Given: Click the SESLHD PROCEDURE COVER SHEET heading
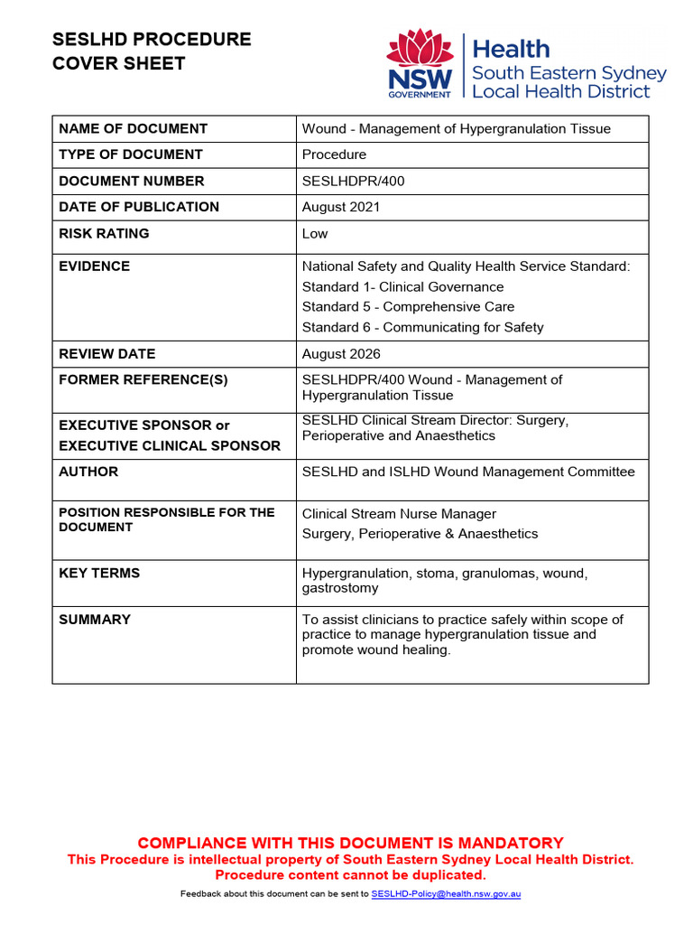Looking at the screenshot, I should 152,51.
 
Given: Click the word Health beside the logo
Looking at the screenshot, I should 511,49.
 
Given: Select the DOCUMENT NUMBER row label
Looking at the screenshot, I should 132,181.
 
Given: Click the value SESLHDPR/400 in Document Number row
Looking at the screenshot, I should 353,181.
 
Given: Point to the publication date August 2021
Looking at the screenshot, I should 341,207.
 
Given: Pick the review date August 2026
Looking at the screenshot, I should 341,354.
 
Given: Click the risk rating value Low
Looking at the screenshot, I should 315,233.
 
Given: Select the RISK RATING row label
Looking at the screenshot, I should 104,233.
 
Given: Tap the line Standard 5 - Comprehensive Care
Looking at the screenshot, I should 408,307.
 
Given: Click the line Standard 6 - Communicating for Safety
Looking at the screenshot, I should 422,327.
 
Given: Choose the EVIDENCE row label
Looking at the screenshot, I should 95,266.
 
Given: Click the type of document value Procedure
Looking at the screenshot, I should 334,154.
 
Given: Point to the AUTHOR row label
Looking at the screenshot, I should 88,472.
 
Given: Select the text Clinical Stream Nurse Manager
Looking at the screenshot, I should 399,514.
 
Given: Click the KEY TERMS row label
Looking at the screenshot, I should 99,573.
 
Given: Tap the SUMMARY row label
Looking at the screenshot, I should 95,620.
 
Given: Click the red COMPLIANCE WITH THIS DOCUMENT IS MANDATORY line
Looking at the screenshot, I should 350,843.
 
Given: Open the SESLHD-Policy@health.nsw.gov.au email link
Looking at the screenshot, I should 446,894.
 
